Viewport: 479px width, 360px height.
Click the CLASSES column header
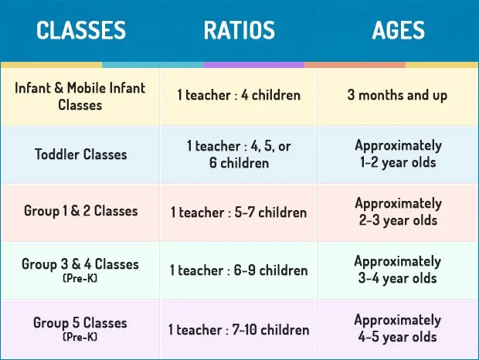click(81, 30)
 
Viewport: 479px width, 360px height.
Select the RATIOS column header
click(239, 30)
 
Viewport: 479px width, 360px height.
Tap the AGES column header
click(398, 30)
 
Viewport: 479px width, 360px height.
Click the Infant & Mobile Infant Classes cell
click(80, 96)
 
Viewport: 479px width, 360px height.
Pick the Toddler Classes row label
click(80, 154)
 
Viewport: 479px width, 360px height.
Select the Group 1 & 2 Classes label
click(80, 211)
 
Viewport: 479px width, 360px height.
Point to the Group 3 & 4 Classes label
click(80, 264)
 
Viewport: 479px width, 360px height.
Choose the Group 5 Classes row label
click(80, 323)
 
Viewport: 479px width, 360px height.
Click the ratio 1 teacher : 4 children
click(239, 96)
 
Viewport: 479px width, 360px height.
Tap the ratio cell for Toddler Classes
click(239, 154)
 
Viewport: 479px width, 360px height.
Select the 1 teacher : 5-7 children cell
click(239, 212)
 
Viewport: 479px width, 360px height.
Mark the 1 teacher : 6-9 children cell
click(239, 270)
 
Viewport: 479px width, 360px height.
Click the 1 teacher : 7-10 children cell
click(239, 329)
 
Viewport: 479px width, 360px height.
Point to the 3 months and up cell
click(398, 96)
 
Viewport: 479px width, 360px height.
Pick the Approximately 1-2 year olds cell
click(398, 154)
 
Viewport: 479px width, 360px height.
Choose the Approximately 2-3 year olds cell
click(398, 212)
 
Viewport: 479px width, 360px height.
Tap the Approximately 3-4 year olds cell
click(398, 270)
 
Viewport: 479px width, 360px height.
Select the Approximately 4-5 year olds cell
click(398, 328)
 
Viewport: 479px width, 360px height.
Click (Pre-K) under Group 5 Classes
click(80, 336)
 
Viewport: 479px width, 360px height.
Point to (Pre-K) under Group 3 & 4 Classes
click(80, 277)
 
